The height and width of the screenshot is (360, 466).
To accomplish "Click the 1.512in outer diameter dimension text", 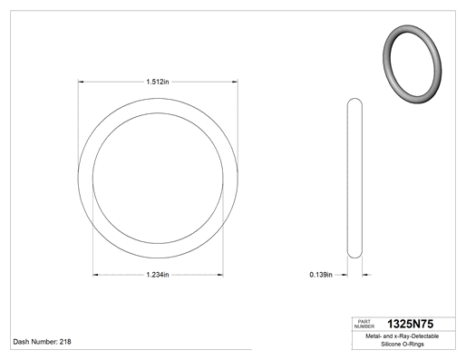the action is click(x=158, y=82).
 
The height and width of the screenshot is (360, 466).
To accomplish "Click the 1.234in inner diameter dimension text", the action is click(x=158, y=275).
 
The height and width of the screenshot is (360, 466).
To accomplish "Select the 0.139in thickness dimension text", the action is click(x=321, y=275).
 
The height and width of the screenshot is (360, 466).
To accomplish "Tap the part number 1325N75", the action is click(x=410, y=324).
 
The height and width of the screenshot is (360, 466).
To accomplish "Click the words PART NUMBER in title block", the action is click(x=364, y=324).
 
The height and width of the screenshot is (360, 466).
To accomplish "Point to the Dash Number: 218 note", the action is click(x=42, y=342).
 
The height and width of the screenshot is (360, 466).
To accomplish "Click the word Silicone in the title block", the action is click(x=390, y=344).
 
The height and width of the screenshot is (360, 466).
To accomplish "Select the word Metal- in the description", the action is click(x=374, y=336).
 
